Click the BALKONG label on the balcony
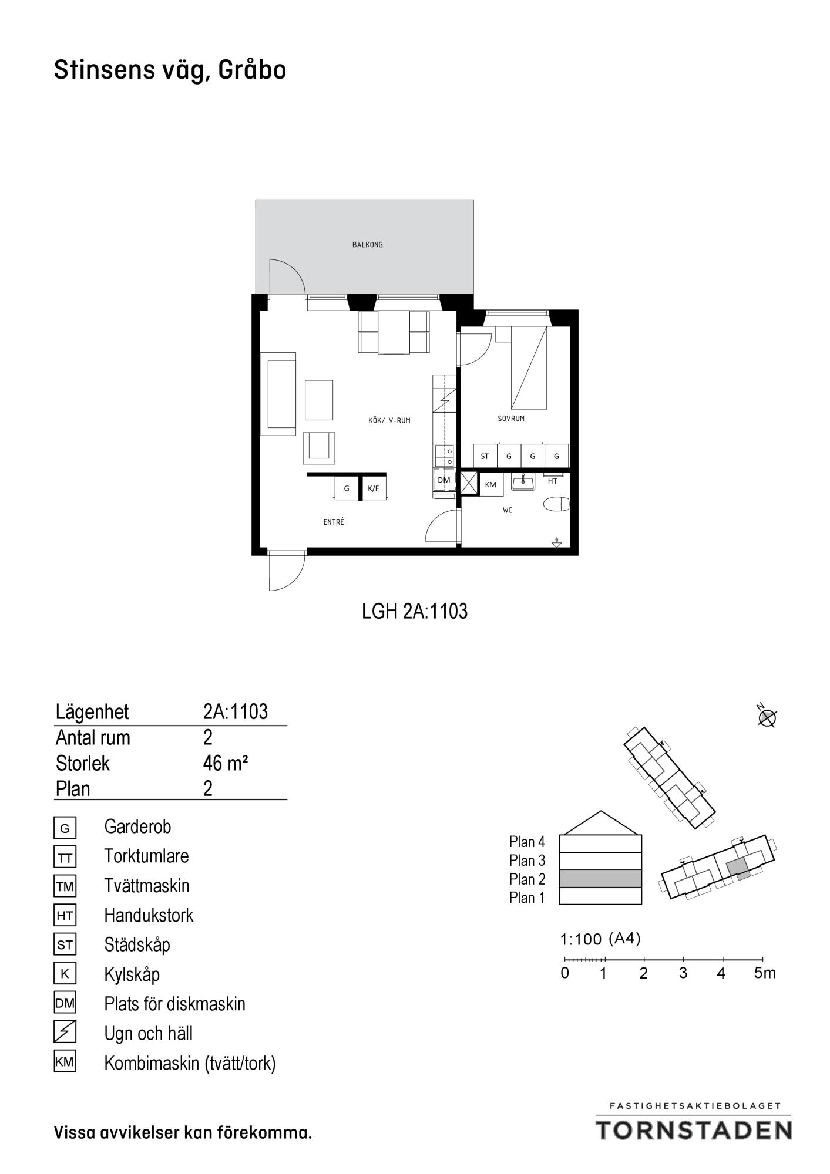[367, 245]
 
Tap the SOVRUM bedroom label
[511, 419]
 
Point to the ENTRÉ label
[334, 522]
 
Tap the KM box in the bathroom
[490, 485]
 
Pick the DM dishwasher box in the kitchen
[444, 480]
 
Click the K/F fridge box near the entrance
[374, 488]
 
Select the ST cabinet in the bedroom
[485, 456]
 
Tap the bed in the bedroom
[529, 367]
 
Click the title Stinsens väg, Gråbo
[170, 70]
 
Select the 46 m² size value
[226, 763]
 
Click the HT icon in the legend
[65, 916]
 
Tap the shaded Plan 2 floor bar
[600, 879]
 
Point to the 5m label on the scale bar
[765, 973]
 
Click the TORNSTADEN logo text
[694, 1130]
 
